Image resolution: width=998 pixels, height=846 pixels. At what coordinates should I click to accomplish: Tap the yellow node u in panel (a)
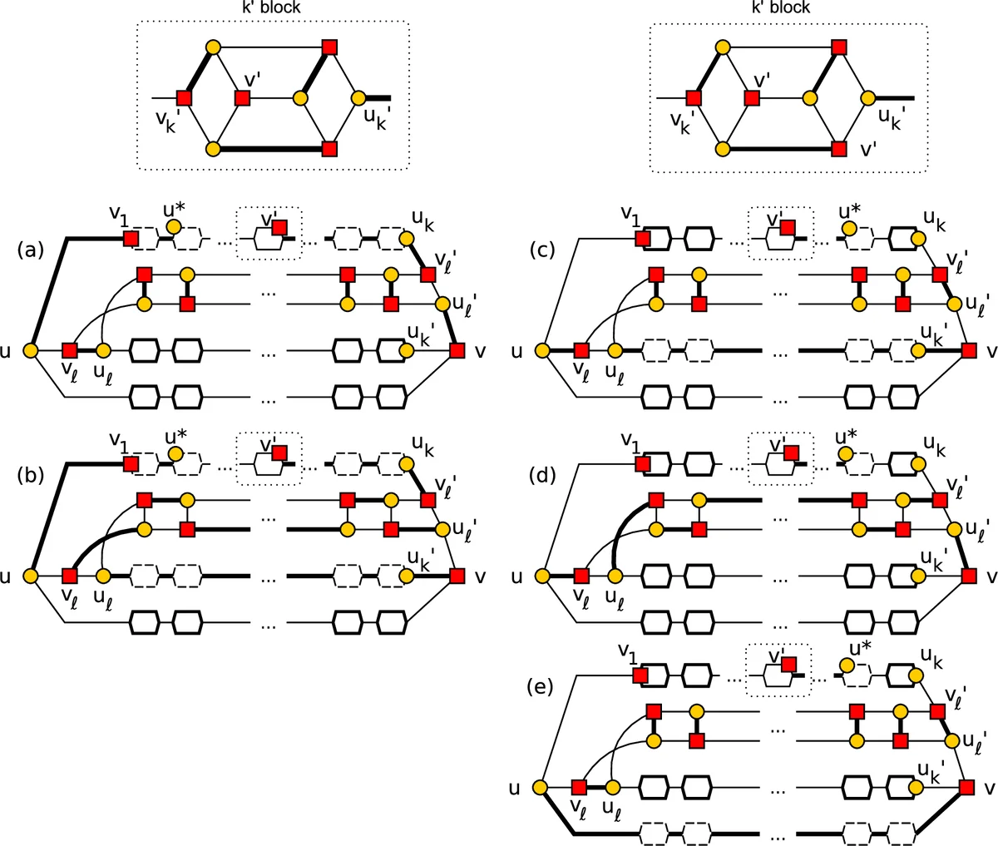[31, 351]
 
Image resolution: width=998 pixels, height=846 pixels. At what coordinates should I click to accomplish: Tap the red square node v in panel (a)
[457, 351]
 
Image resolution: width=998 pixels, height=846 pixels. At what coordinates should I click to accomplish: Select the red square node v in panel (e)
[966, 787]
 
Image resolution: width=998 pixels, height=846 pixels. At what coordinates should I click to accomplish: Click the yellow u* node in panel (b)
[173, 453]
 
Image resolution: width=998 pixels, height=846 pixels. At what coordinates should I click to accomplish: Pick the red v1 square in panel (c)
[642, 240]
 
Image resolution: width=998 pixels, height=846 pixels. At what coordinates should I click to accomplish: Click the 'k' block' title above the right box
[780, 7]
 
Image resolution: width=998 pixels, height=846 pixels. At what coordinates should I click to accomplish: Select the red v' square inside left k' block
[243, 99]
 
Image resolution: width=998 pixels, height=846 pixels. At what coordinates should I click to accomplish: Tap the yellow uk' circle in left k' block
[359, 99]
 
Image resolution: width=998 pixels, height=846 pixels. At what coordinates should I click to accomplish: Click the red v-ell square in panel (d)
[581, 575]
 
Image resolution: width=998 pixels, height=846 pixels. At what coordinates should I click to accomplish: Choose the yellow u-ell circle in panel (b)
[103, 575]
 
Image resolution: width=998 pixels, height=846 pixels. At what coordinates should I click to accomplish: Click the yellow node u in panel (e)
[540, 787]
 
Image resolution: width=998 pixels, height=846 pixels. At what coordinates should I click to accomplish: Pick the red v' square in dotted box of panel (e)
[788, 664]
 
